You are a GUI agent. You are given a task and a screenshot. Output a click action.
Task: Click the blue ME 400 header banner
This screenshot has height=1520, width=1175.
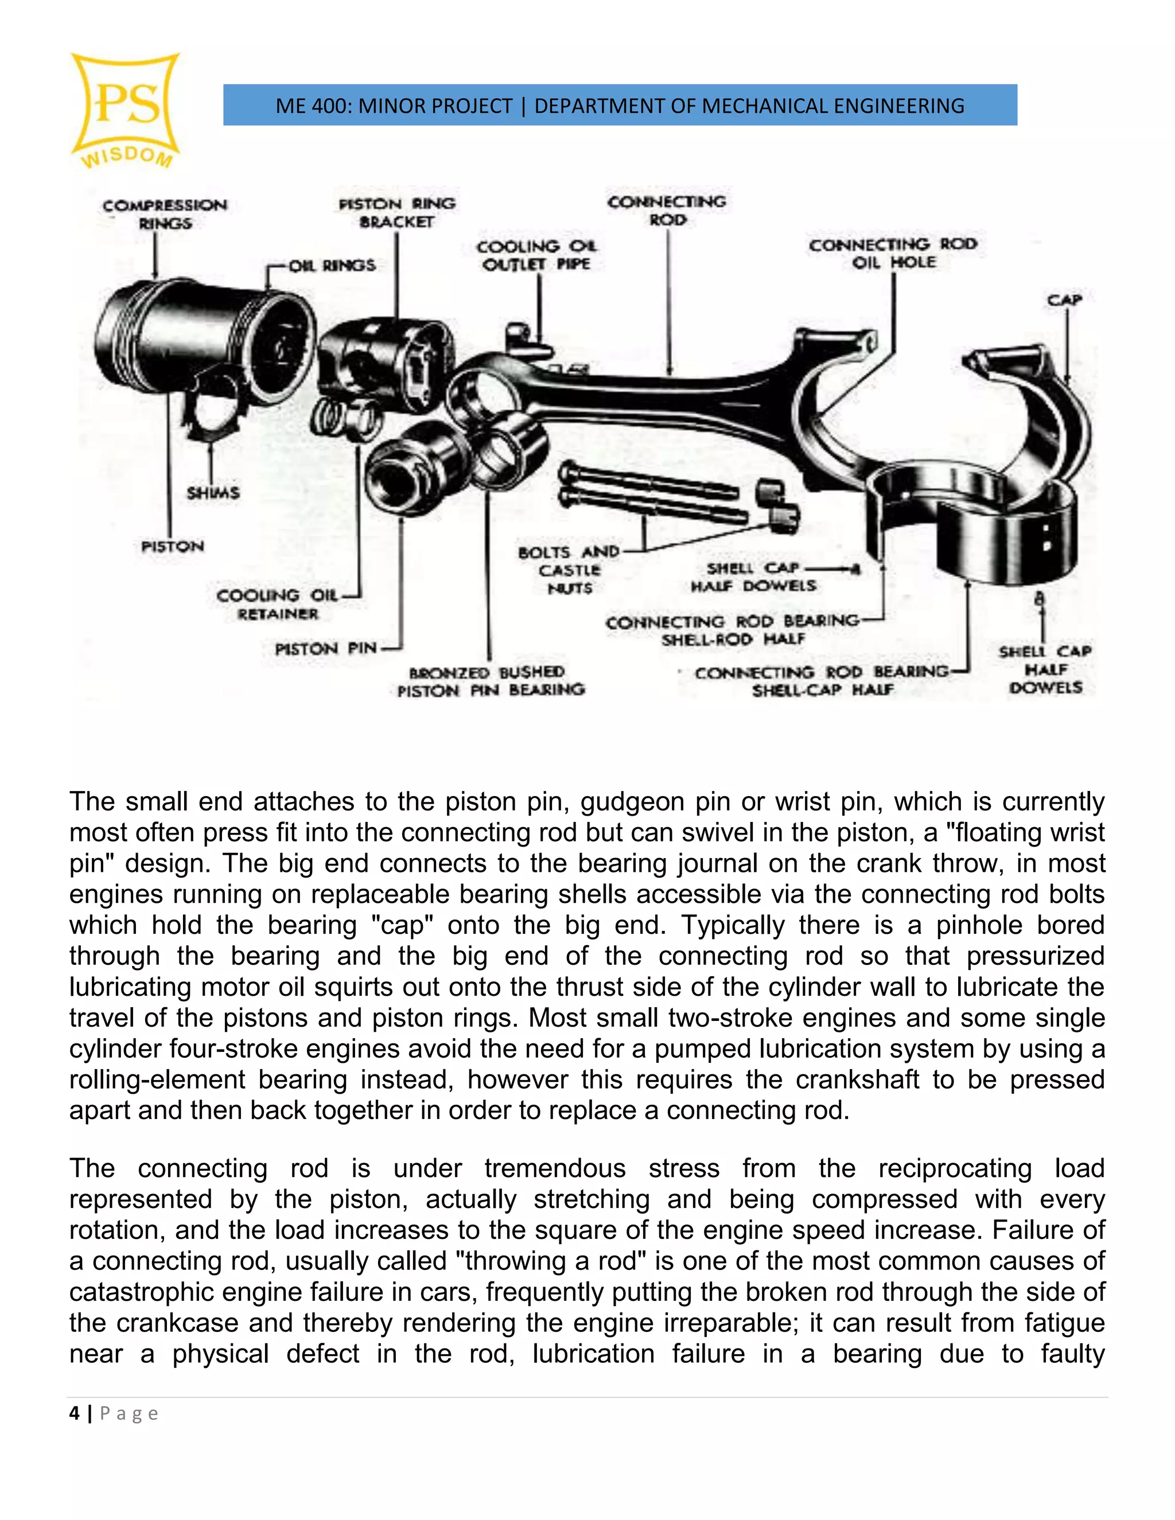(x=620, y=105)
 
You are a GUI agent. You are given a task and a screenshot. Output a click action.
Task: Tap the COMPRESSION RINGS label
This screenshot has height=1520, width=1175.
(x=165, y=215)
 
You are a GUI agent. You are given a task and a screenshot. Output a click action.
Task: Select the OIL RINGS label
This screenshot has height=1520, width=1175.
(x=332, y=265)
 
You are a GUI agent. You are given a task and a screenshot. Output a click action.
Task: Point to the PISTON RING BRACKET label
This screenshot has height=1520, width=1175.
(x=397, y=212)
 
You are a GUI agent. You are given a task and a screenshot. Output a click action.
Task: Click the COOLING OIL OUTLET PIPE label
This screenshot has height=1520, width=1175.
(x=536, y=255)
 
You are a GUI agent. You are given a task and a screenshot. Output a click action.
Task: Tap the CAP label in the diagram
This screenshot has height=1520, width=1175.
(x=1064, y=300)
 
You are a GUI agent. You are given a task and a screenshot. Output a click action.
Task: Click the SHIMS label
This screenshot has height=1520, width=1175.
(x=213, y=493)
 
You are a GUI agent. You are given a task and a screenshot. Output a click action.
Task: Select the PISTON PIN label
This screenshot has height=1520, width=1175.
(x=326, y=649)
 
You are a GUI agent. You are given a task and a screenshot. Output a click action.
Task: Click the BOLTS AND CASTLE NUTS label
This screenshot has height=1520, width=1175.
(x=569, y=570)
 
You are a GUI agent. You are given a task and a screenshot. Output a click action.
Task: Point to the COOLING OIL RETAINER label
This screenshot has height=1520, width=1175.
(x=277, y=604)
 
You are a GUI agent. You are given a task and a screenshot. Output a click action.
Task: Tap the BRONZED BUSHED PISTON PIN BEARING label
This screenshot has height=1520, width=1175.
(x=491, y=681)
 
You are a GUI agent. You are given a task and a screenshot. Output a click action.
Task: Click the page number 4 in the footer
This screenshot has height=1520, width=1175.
(x=75, y=1413)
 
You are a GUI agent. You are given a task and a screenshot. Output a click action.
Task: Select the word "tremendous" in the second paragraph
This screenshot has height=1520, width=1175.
(x=555, y=1168)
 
